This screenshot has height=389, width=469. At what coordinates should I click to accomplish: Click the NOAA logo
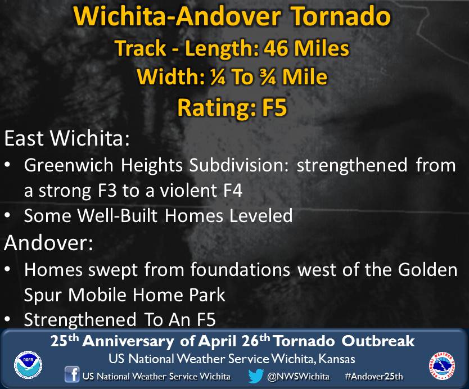[28, 365]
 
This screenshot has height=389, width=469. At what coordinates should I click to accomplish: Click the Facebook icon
[72, 374]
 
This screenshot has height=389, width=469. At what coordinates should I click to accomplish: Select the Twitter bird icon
[256, 376]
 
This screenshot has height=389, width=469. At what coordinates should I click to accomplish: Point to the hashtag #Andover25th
[374, 376]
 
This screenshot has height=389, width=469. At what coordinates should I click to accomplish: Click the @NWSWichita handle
[298, 376]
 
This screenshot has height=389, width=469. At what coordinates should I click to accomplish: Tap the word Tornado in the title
[341, 16]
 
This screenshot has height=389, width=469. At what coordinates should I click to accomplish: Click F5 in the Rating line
[274, 107]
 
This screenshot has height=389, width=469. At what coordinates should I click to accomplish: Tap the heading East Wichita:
[67, 138]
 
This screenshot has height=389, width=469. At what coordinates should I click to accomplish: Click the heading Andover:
[48, 242]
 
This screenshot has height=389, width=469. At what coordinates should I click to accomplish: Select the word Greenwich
[69, 165]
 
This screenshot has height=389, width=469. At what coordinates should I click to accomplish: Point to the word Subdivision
[238, 165]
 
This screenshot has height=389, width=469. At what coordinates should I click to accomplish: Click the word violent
[188, 191]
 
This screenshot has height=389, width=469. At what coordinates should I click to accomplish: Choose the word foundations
[240, 269]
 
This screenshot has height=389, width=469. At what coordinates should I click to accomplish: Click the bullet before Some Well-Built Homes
[8, 216]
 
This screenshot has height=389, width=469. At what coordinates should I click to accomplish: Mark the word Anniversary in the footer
[128, 341]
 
